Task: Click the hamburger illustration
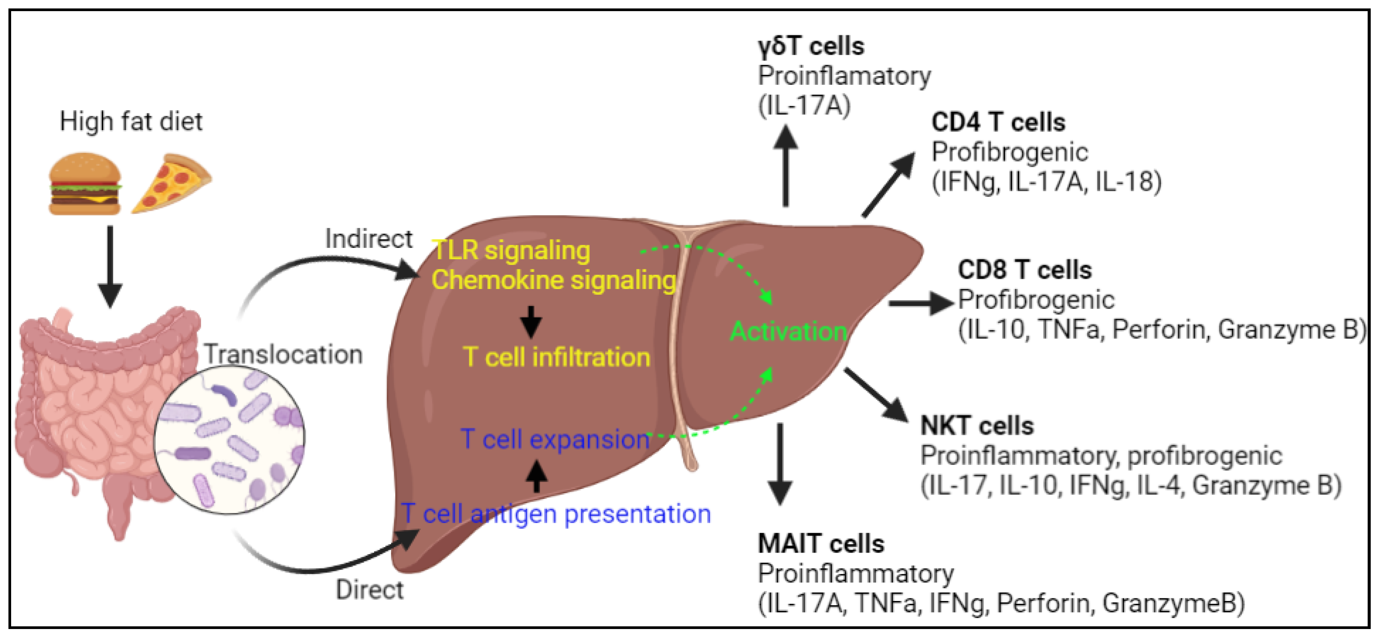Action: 84,184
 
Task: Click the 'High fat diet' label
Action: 130,121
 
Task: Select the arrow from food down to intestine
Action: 110,266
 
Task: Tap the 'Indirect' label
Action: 368,239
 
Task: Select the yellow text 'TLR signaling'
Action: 511,250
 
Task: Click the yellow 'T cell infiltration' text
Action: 556,357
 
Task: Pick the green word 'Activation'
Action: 788,331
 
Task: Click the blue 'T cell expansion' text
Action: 555,440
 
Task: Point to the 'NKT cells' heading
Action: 977,426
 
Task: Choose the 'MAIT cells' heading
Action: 820,544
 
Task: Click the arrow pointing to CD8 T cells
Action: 919,304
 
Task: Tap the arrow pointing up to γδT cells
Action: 785,167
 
